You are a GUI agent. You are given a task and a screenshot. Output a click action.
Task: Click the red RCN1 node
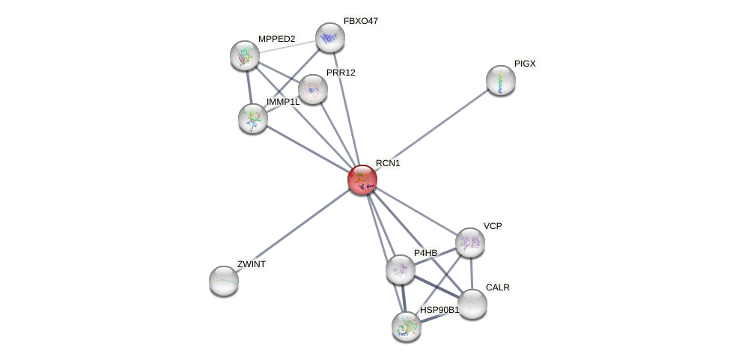coord(362,180)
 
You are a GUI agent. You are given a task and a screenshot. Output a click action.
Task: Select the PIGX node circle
coord(501,80)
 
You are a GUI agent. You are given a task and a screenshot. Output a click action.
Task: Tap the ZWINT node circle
coord(224,281)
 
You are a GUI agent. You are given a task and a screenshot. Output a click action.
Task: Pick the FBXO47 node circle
coord(329,37)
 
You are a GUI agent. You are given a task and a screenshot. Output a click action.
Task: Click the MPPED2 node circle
coord(245,55)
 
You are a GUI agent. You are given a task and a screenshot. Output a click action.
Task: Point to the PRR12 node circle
coord(313,89)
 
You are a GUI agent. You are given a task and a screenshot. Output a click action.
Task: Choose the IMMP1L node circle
coord(253,118)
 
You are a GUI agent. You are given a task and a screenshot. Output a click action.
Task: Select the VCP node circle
coord(470,242)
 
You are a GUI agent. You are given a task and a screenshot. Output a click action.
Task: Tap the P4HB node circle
coord(401,269)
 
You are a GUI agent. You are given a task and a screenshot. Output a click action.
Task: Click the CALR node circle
coord(472,304)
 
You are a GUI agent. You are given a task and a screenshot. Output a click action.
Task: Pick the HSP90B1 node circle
coord(407,326)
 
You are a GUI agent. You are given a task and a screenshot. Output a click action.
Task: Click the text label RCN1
coord(388,163)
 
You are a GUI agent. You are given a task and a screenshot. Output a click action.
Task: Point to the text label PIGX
coord(525,64)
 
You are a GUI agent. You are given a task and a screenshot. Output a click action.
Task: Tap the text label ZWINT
coord(252,264)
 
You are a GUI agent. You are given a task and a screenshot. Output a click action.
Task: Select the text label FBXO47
coord(361,21)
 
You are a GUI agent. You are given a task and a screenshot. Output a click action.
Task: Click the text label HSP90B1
coord(439,310)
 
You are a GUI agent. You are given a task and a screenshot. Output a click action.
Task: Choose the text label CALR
coord(498,287)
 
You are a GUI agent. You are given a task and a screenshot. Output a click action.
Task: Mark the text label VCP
coord(493,226)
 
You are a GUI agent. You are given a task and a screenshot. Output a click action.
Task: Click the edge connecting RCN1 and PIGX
coord(431,130)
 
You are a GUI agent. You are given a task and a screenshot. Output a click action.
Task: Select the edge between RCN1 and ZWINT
coord(293,230)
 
